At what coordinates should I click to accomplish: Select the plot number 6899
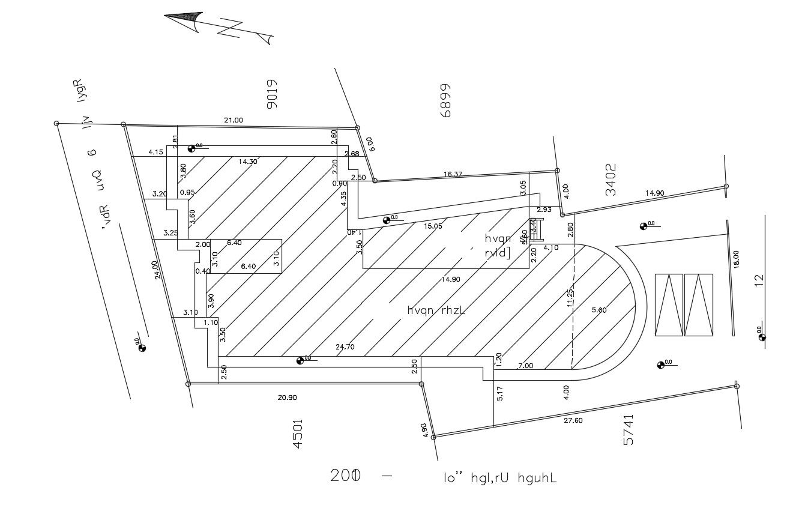445,100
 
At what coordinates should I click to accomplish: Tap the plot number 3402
611,180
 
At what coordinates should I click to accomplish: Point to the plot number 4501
298,435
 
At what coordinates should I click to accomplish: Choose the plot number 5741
629,429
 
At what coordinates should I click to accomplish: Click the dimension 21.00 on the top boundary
234,121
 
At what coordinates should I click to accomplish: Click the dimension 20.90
287,398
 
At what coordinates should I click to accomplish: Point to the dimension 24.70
346,347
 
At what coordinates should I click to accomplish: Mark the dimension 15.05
433,226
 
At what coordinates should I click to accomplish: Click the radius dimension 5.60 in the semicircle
600,310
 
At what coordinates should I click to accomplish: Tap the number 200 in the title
345,476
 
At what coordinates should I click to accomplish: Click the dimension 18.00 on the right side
736,259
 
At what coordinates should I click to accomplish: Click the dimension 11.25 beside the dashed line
570,298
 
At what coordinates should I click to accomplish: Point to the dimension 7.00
525,366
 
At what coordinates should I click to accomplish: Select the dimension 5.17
500,393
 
